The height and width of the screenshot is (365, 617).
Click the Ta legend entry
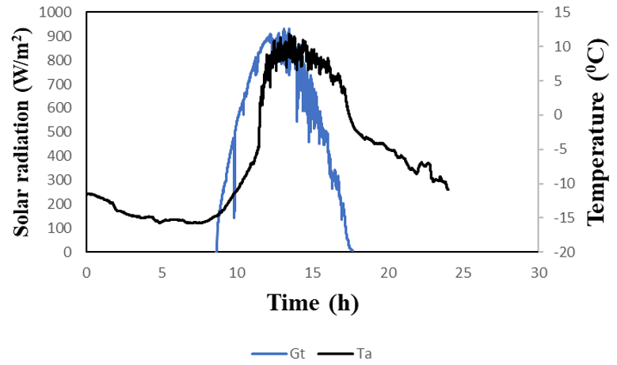349,353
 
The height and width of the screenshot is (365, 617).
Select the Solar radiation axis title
22,131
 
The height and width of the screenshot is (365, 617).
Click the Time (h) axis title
311,302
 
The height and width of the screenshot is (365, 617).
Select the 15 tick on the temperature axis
552,13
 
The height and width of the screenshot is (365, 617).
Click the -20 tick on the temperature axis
554,252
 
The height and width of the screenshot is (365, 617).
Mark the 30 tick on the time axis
539,272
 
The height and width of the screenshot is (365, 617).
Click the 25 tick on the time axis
463,272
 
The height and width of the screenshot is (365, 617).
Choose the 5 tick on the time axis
162,272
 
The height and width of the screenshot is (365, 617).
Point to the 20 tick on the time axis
388,272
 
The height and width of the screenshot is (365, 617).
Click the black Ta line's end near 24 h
448,190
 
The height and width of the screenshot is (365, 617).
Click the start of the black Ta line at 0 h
87,193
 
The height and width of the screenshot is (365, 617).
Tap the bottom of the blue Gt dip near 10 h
234,217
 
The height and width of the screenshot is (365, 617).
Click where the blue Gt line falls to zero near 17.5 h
351,251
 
